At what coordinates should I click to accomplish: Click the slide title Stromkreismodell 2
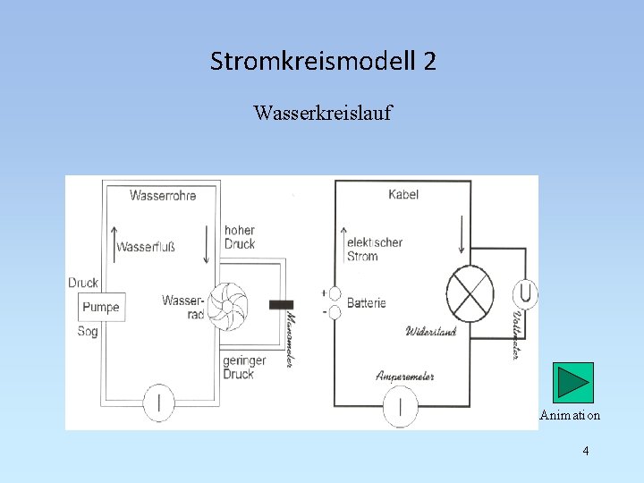(323, 62)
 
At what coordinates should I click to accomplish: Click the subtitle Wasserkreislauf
(322, 114)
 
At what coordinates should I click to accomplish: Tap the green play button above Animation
(572, 382)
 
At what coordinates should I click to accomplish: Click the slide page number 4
(586, 451)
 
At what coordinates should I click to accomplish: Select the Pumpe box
(100, 307)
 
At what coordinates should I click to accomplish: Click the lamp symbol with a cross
(470, 294)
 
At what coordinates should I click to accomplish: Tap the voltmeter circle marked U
(525, 293)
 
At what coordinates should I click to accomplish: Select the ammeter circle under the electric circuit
(400, 406)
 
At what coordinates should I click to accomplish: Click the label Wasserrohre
(162, 194)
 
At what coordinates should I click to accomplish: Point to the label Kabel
(403, 194)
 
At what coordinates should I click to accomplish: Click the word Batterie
(366, 303)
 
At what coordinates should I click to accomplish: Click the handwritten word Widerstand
(431, 332)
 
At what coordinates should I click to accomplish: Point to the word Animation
(570, 415)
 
